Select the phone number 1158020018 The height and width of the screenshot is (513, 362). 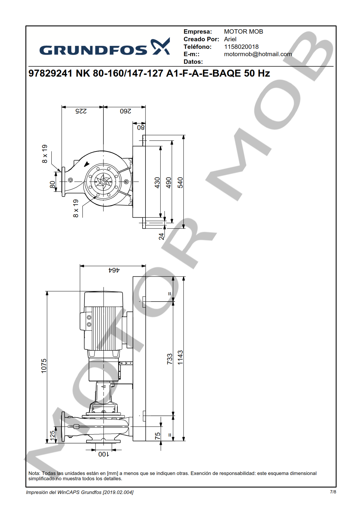click(241, 47)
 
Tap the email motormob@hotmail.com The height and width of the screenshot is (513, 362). click(258, 54)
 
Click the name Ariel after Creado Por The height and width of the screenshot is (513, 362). click(230, 39)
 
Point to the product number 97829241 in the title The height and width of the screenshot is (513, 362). click(50, 73)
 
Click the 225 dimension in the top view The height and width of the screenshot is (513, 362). click(81, 111)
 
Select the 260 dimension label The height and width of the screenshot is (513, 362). click(125, 111)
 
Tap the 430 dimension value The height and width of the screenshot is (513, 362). click(157, 183)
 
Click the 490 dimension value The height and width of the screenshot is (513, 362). click(169, 183)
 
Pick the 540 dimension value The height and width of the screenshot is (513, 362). click(180, 183)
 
